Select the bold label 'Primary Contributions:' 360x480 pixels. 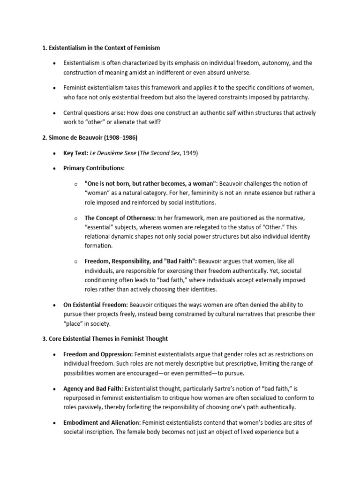click(94, 168)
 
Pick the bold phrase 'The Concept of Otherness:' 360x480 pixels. click(120, 218)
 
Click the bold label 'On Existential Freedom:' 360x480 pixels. click(96, 305)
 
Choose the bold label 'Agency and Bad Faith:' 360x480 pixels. click(93, 389)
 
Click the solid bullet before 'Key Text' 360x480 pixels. click(55, 154)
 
